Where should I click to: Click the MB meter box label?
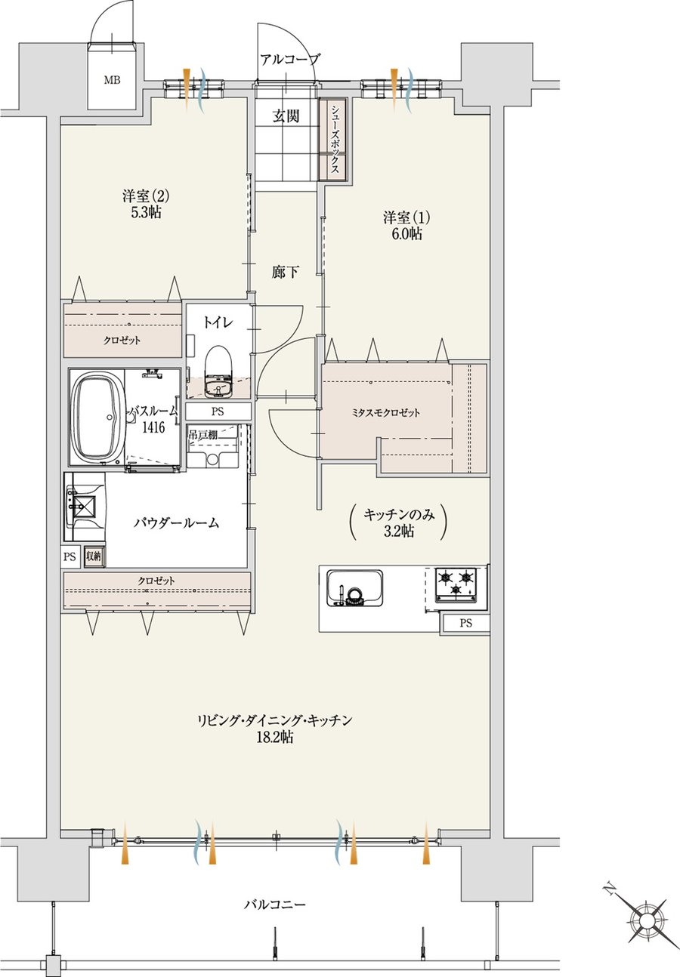112,80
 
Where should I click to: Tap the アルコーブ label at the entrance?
290,60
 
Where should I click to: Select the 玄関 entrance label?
286,116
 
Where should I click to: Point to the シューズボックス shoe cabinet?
334,139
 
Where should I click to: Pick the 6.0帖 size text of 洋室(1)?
406,234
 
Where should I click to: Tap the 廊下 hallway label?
286,272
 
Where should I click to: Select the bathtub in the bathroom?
97,417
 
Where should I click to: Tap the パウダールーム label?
176,523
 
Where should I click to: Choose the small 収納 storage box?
94,556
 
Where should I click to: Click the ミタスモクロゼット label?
386,412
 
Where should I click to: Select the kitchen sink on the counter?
355,588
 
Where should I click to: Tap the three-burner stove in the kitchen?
456,584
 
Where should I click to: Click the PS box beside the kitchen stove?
465,624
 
